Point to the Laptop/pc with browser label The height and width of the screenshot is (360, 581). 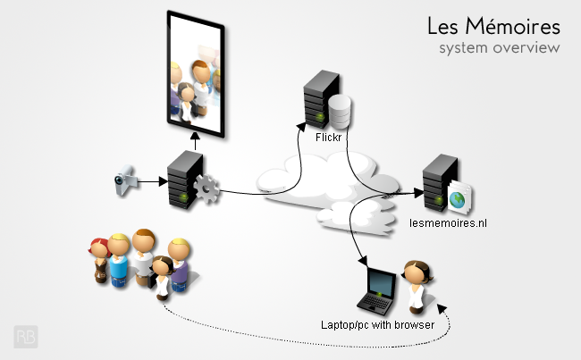pyautogui.click(x=377, y=325)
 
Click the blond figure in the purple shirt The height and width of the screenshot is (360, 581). pyautogui.click(x=180, y=264)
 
